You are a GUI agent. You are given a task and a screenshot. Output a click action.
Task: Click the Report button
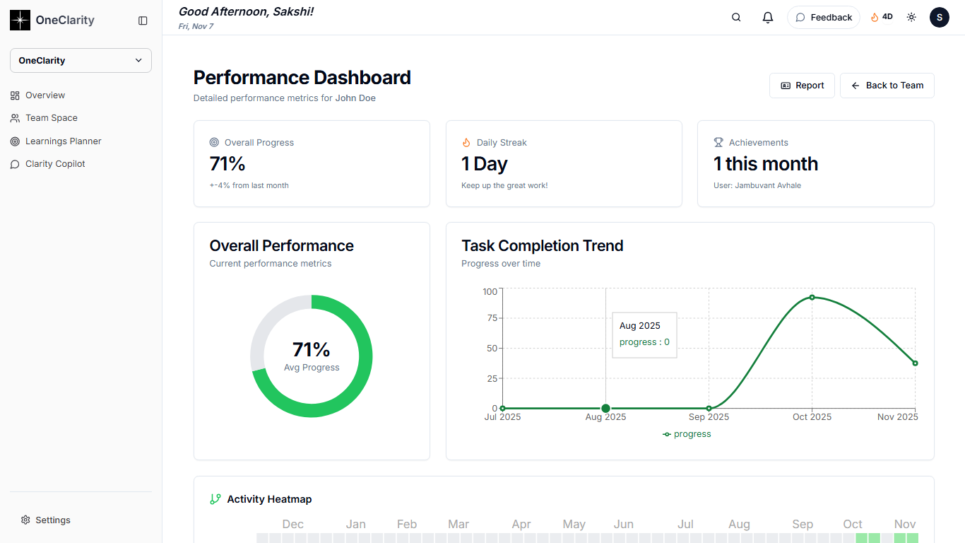click(802, 86)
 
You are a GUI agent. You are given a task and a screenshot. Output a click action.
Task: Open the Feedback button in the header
click(823, 18)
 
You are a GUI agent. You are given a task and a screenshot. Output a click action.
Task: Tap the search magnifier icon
click(736, 18)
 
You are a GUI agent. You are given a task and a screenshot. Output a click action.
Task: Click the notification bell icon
click(768, 18)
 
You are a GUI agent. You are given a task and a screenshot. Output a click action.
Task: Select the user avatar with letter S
click(939, 18)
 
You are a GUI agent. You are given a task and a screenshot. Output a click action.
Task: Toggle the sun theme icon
click(911, 18)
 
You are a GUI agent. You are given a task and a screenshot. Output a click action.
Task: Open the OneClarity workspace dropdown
click(81, 60)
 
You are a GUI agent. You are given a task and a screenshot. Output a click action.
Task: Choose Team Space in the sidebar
click(51, 118)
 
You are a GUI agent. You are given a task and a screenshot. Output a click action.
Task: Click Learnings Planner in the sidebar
click(63, 141)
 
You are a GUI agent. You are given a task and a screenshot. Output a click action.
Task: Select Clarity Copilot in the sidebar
click(55, 164)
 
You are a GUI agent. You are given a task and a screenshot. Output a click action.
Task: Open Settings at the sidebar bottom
click(52, 520)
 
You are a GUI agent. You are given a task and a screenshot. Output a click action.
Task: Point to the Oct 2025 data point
click(812, 297)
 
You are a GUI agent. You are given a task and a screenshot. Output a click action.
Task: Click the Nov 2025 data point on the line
click(915, 363)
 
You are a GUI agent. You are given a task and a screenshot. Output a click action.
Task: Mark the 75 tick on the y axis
click(490, 318)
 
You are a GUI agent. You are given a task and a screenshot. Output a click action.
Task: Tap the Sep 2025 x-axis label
click(709, 417)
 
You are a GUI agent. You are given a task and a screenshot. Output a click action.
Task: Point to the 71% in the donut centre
click(312, 349)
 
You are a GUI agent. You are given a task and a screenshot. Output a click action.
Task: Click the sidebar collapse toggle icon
click(143, 21)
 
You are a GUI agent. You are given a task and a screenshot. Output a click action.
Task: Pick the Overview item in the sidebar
click(45, 95)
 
